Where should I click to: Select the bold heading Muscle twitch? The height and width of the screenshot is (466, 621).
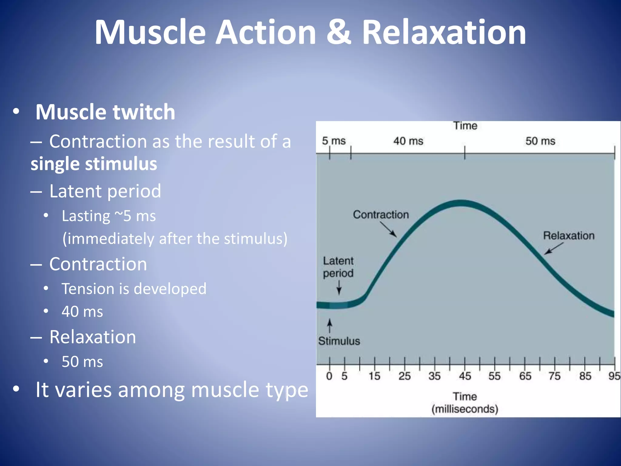tap(105, 112)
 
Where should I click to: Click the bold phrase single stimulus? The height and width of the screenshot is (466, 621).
tap(94, 164)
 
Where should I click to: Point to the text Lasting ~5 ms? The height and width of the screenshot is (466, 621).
tap(109, 216)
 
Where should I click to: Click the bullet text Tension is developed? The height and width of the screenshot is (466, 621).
tap(134, 289)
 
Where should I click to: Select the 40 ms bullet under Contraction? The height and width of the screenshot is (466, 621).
tap(82, 312)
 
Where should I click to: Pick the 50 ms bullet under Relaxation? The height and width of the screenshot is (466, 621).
tap(82, 362)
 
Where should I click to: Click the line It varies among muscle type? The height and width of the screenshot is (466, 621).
tap(172, 390)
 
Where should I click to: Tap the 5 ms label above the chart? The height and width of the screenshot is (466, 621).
tap(334, 141)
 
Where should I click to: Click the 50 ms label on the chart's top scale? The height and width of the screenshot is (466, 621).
tap(540, 141)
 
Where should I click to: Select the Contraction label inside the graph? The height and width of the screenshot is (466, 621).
tap(381, 214)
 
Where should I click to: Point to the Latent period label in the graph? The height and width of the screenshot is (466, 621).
tap(338, 267)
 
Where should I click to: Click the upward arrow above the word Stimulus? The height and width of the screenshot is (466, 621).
tap(330, 326)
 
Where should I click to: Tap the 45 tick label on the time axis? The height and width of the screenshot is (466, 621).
tap(465, 376)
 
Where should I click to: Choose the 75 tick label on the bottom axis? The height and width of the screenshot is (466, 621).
tap(554, 376)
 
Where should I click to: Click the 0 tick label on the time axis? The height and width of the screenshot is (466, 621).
tap(329, 376)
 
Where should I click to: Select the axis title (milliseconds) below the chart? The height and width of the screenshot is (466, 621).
tap(465, 409)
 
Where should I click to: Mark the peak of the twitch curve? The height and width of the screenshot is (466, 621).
tap(461, 203)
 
